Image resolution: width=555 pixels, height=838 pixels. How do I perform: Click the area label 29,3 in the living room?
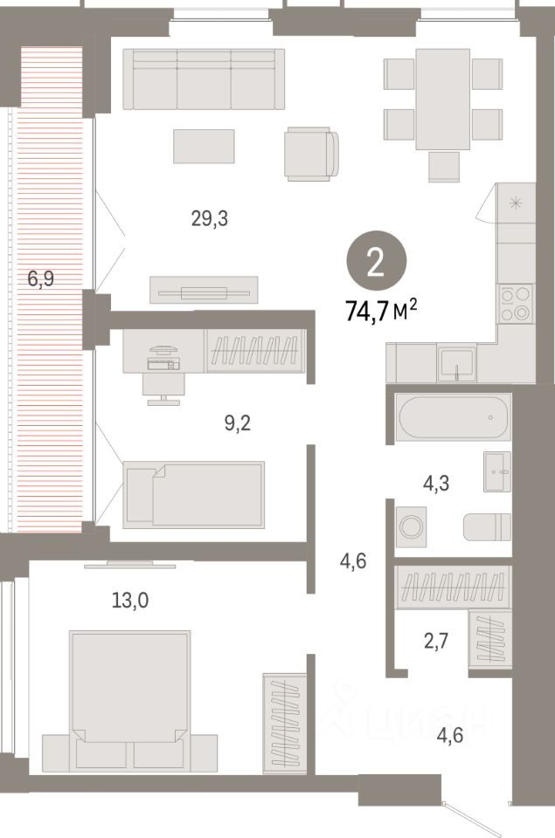(x=210, y=219)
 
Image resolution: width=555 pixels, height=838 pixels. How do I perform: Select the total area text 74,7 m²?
(x=381, y=312)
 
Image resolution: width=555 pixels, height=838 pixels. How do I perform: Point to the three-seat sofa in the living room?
(x=204, y=79)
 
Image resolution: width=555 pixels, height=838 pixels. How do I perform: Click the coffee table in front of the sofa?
(x=204, y=146)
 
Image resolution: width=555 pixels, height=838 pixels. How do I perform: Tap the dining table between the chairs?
(x=443, y=99)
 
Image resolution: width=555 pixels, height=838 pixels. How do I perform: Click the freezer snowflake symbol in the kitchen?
(x=516, y=203)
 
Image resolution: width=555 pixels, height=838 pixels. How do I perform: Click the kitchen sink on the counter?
(x=457, y=363)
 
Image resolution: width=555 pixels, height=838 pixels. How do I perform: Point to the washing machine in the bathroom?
(x=411, y=526)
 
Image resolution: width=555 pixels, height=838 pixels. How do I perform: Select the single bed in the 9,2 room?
(x=194, y=494)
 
